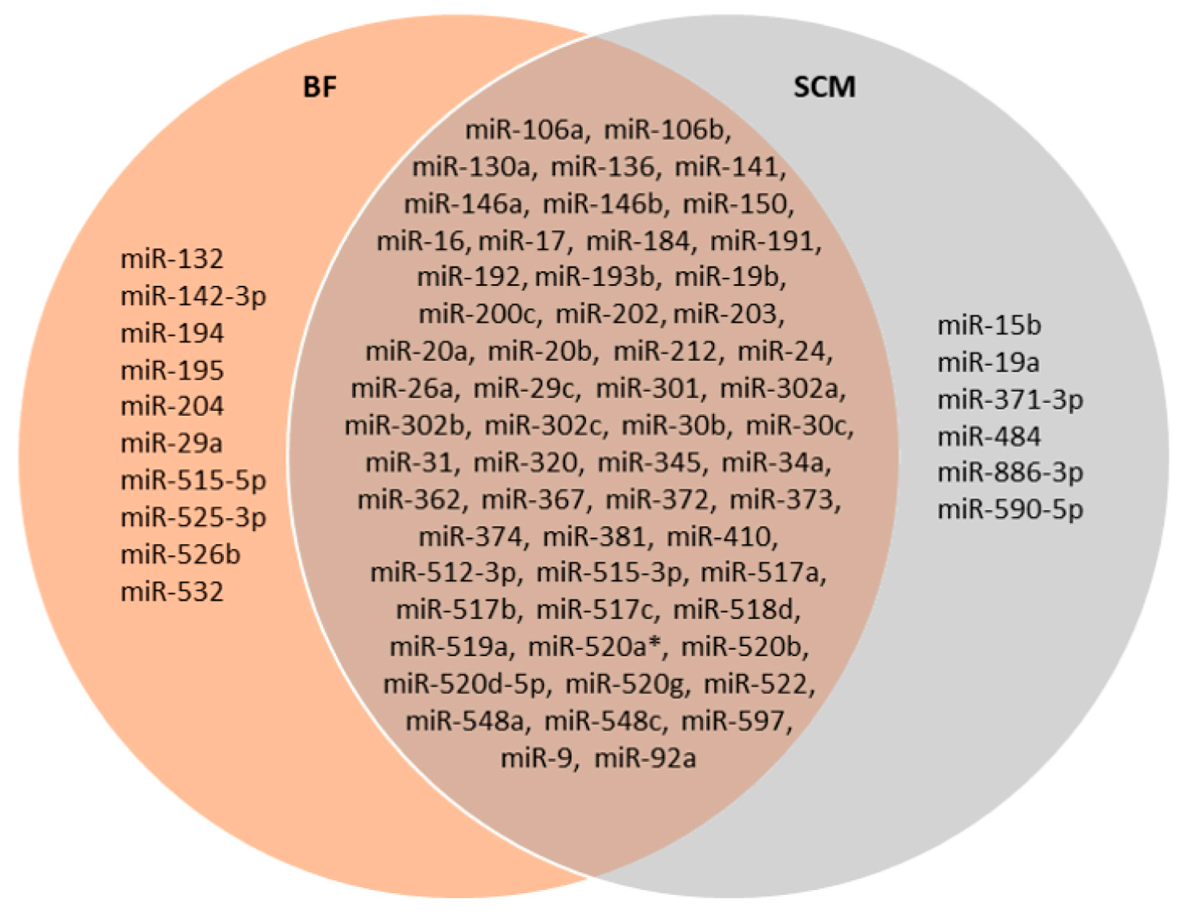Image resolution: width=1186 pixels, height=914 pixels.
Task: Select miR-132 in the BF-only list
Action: [x=172, y=259]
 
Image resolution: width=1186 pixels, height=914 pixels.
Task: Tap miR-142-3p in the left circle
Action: [x=193, y=297]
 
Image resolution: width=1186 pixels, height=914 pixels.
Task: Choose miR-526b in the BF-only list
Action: [x=180, y=555]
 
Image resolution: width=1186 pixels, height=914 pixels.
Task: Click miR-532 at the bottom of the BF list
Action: [x=172, y=592]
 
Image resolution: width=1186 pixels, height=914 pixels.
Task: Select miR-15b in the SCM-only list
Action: [x=989, y=326]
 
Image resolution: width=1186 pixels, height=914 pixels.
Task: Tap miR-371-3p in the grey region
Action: [x=1010, y=400]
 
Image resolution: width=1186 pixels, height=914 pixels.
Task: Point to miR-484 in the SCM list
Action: [x=989, y=437]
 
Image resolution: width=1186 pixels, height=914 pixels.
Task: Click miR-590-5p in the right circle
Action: [x=1010, y=510]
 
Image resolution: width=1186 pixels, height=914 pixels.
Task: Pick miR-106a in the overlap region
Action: [x=527, y=131]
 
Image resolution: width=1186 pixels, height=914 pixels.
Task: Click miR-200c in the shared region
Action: [x=480, y=315]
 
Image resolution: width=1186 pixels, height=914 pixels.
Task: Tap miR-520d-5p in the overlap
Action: [x=467, y=685]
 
